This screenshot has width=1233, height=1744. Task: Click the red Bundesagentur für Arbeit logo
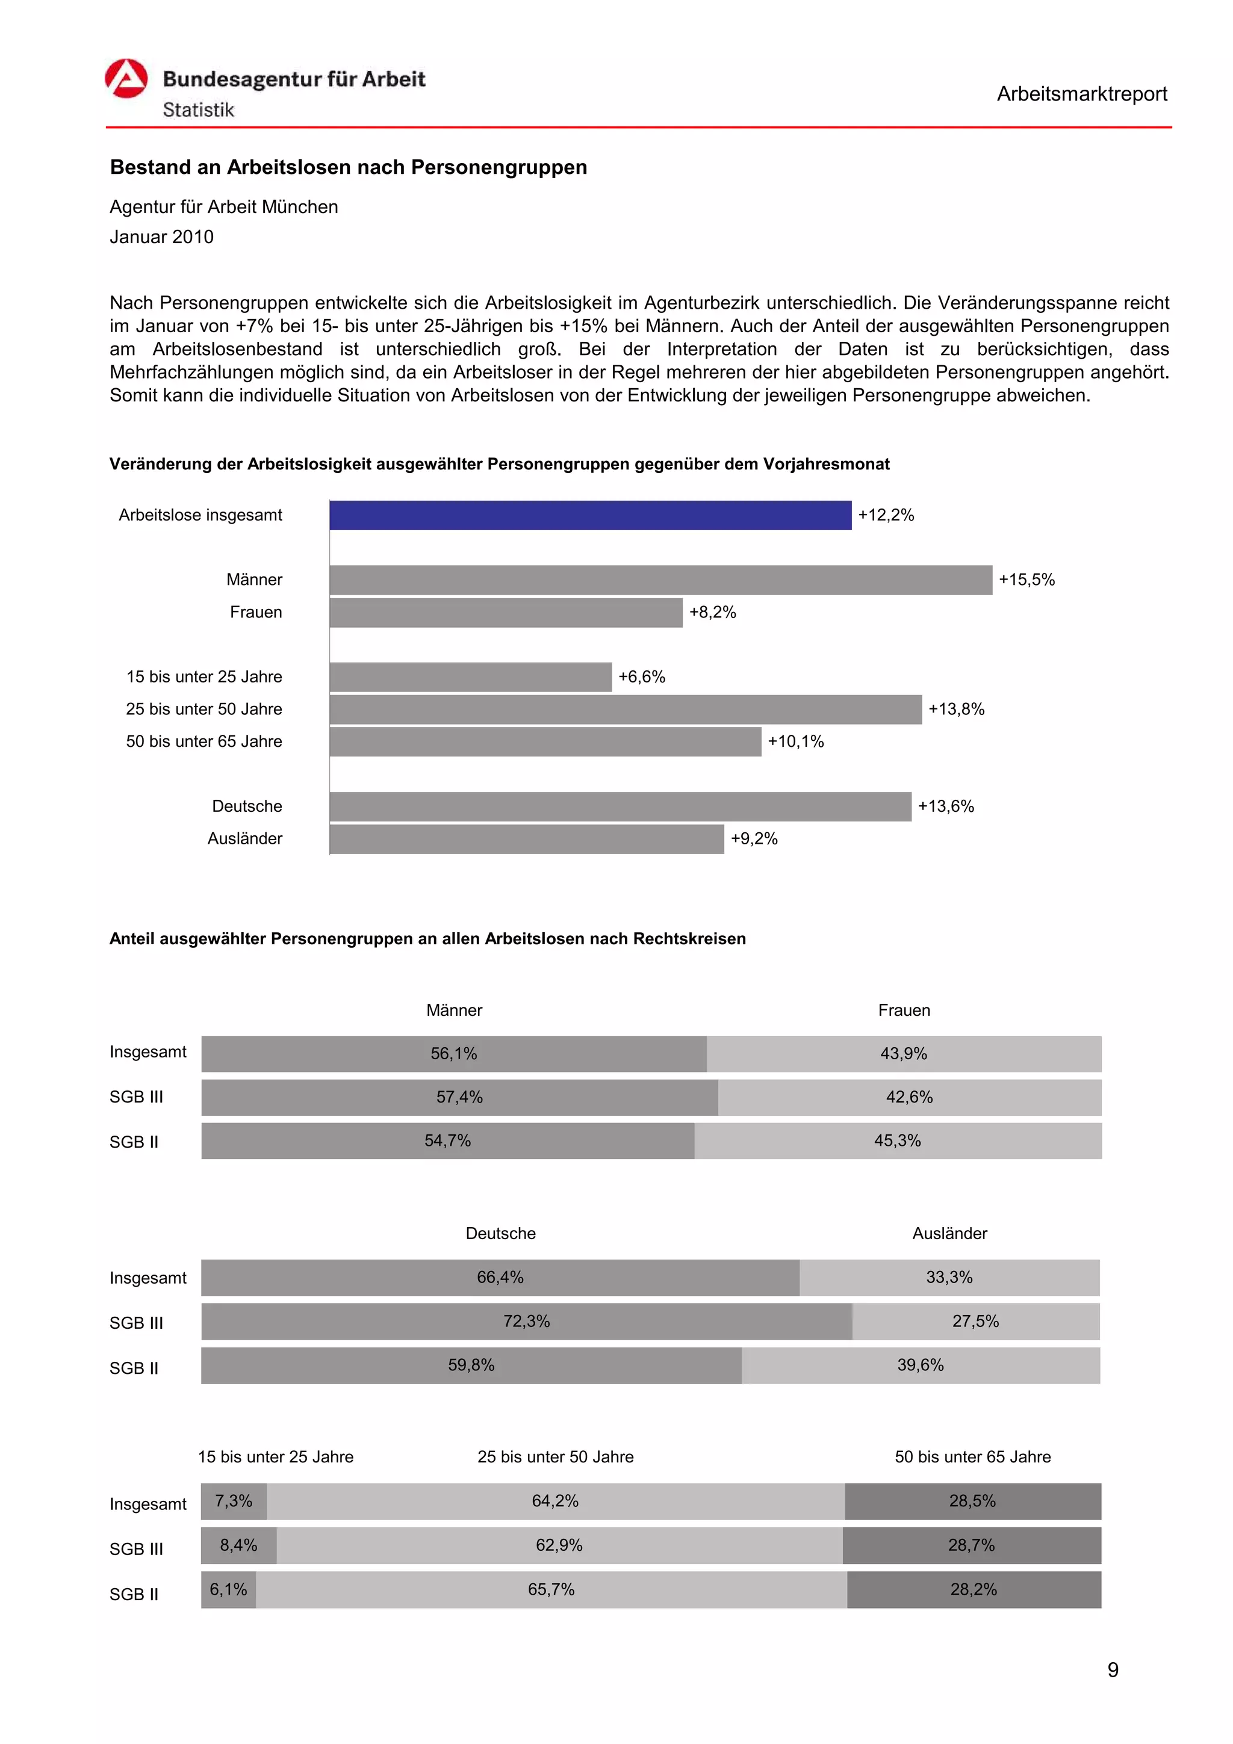tap(126, 79)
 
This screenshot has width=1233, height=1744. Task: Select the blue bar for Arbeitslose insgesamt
tap(589, 515)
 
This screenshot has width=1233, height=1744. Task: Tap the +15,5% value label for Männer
tap(1026, 580)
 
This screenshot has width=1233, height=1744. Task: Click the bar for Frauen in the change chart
tap(505, 612)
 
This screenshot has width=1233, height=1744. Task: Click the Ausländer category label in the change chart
tap(244, 838)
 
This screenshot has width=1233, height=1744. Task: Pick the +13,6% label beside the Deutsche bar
tap(945, 806)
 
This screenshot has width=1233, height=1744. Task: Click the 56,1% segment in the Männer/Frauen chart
tap(453, 1054)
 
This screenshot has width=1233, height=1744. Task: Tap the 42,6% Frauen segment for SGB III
tap(908, 1097)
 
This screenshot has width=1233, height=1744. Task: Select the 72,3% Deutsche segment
tap(526, 1321)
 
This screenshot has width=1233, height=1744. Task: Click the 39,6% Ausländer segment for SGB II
tap(920, 1365)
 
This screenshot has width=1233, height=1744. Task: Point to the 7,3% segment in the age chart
tap(233, 1501)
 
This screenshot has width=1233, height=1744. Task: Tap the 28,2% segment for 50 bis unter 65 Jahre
tap(973, 1589)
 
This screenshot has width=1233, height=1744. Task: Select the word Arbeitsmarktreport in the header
tap(1081, 94)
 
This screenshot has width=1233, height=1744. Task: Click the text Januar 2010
tap(162, 237)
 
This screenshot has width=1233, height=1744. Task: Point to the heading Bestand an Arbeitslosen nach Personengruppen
tap(348, 167)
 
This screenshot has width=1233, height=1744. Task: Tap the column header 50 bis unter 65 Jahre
tap(972, 1456)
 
